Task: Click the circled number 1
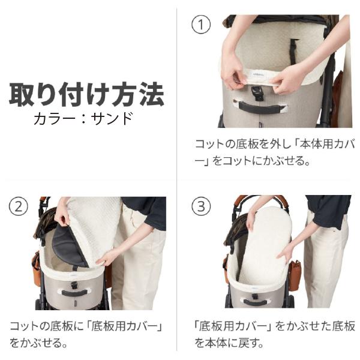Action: [201, 25]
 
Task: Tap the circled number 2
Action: [19, 206]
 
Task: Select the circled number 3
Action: [201, 206]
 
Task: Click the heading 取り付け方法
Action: [86, 94]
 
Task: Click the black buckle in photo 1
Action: [257, 92]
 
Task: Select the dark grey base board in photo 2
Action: [68, 247]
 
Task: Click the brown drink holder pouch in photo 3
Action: [294, 275]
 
